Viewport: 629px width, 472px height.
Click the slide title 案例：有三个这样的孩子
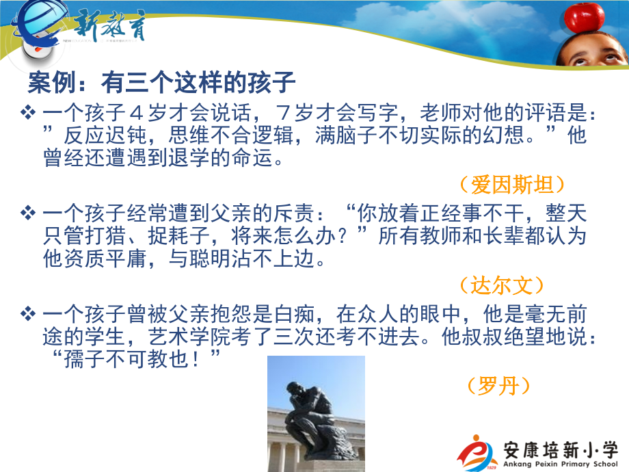[x=161, y=83]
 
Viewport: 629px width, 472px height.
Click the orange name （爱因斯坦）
[x=511, y=184]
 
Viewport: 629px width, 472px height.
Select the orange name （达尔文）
[x=511, y=285]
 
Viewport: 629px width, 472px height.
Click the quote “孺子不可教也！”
[x=134, y=357]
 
